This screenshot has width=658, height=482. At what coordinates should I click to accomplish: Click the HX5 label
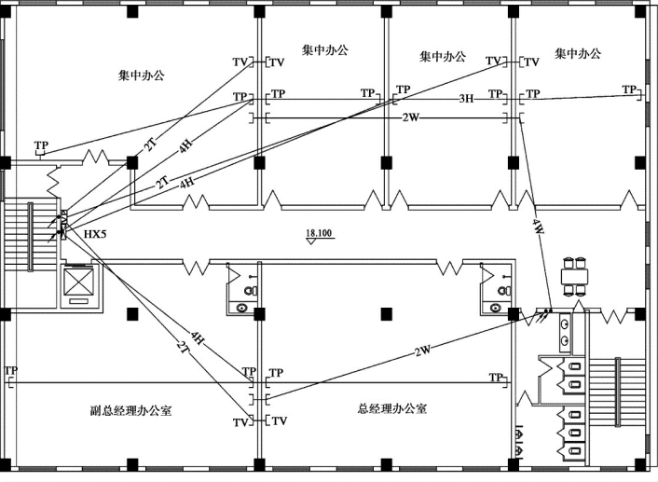point(95,234)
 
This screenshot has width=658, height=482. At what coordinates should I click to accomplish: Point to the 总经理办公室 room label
point(392,408)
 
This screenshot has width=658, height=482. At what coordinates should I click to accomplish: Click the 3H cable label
point(466,98)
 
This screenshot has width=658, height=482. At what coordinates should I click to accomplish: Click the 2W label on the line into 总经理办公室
point(423,351)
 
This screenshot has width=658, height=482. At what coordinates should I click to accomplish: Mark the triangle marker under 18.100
point(311,241)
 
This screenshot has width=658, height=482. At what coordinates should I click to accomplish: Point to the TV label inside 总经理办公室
point(280,421)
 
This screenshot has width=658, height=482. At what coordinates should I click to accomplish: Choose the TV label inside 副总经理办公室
point(240,421)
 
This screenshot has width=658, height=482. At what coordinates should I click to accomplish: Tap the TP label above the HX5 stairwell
point(41,145)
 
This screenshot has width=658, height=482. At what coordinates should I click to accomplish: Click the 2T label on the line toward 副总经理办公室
point(183,348)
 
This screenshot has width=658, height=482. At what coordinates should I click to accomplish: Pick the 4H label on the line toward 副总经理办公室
point(197,336)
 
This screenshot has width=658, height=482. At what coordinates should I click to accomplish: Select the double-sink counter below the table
point(566,331)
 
